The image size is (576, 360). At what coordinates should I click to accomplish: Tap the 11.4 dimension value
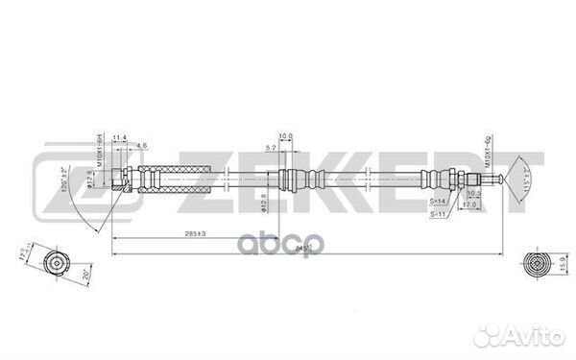pyautogui.click(x=120, y=140)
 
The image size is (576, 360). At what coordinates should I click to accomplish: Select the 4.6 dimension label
pyautogui.click(x=141, y=145)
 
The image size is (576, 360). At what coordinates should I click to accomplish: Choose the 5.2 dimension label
pyautogui.click(x=273, y=145)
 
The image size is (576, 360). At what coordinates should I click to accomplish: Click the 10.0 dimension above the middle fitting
pyautogui.click(x=285, y=135)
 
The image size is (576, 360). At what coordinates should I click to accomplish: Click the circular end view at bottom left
pyautogui.click(x=59, y=261)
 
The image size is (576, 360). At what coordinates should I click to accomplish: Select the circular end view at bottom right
pyautogui.click(x=534, y=261)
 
